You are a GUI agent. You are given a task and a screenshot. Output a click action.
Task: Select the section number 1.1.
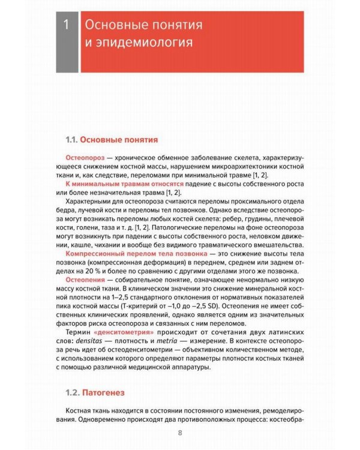pos(71,140)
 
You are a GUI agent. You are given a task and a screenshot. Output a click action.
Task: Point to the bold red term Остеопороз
pos(85,156)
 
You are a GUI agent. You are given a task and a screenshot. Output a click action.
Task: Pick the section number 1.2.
pos(71,394)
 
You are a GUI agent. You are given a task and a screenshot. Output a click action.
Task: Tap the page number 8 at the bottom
pos(179,434)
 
